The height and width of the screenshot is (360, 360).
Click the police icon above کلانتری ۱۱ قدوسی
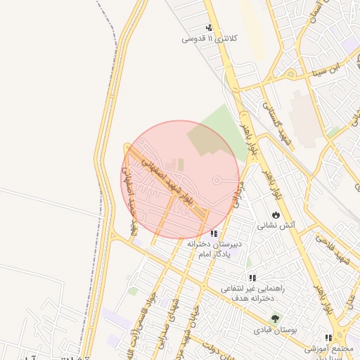(208, 28)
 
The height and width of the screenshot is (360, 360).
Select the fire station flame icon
(275, 214)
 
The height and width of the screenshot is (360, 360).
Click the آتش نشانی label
(276, 226)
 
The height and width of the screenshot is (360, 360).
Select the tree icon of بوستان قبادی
(275, 318)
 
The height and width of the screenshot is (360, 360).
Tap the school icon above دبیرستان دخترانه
(214, 233)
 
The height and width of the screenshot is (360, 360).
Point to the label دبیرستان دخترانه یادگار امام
(214, 248)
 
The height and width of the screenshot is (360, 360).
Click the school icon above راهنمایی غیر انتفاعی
(252, 278)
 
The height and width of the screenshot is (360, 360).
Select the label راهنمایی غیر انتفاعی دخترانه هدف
(252, 293)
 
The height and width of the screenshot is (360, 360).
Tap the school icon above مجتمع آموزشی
(329, 337)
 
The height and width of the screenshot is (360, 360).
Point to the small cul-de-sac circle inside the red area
(217, 179)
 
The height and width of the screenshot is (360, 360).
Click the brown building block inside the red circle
(205, 140)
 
